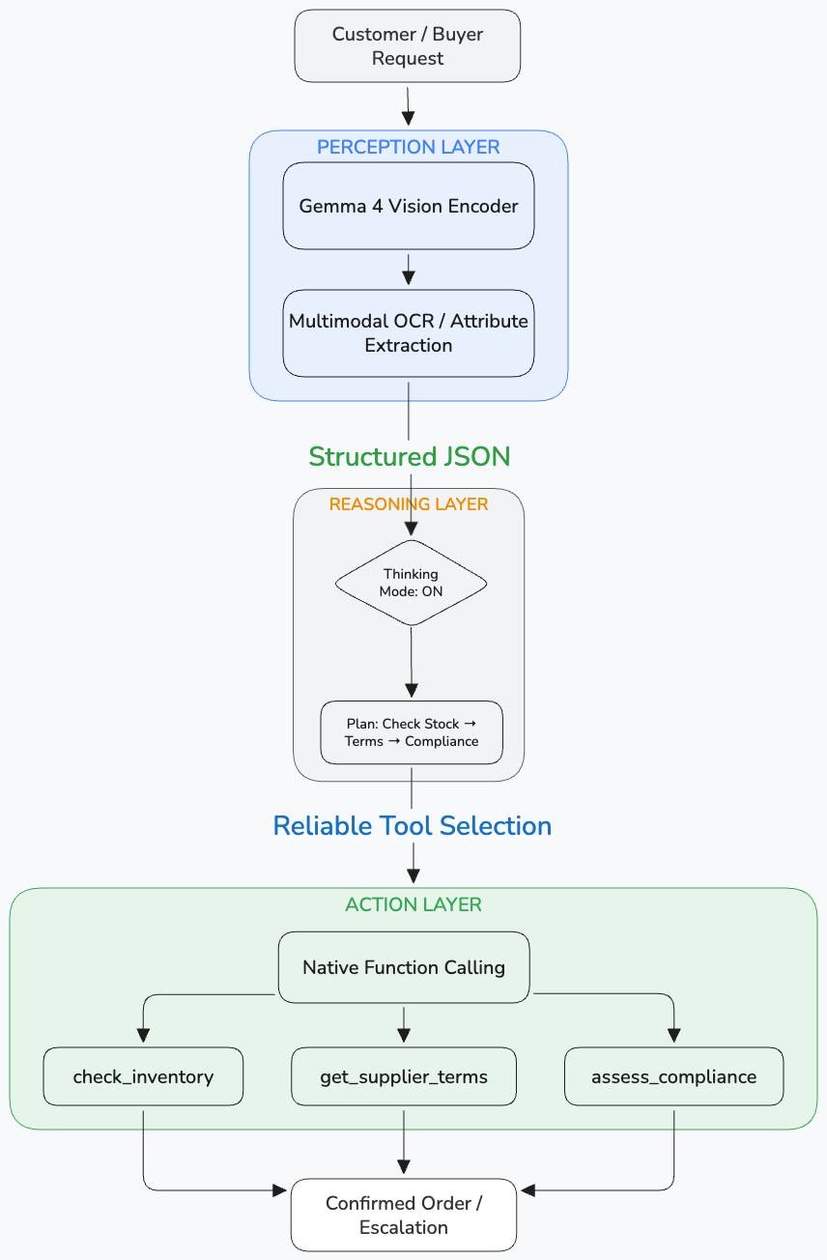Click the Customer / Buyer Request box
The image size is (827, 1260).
coord(407,45)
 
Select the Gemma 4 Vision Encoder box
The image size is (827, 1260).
coord(408,206)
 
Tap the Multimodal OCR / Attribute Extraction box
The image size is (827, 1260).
coord(408,332)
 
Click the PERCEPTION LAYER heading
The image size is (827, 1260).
coord(408,147)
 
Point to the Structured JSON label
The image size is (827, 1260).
coord(409,456)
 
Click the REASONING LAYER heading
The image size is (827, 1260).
coord(409,504)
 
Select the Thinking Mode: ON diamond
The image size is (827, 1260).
coord(411,583)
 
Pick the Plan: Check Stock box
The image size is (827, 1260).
coord(411,732)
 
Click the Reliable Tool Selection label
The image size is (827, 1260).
coord(412,825)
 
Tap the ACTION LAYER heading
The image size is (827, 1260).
coord(413,904)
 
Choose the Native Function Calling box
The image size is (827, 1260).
coord(403,966)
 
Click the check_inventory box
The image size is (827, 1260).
coord(143,1076)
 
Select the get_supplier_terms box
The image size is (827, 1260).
coord(403,1076)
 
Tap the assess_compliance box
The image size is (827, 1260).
coord(673,1076)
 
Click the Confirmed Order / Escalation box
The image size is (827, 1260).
coord(403,1215)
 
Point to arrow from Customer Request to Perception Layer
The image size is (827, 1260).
coord(408,105)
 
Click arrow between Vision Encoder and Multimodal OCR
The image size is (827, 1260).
coord(408,270)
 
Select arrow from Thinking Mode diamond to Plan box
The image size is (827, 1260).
coord(412,663)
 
